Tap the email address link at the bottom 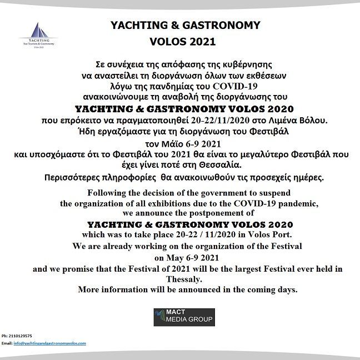49,343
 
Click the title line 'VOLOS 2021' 182,41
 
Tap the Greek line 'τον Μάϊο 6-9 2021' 182,142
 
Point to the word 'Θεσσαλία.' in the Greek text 229,164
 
